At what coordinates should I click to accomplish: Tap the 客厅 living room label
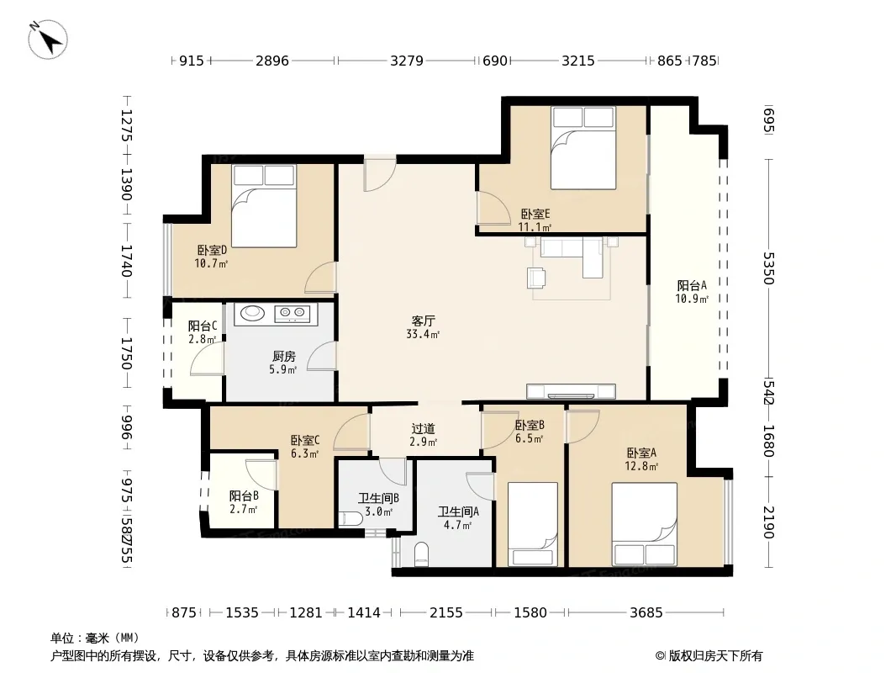coord(423,321)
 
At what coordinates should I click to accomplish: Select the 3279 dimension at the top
coord(406,61)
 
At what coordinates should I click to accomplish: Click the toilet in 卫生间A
coord(422,553)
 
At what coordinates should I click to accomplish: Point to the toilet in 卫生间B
coord(350,518)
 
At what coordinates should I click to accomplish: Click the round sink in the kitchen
coord(252,313)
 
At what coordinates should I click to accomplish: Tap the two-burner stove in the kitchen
coord(292,313)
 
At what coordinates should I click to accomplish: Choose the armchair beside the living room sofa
coord(536,277)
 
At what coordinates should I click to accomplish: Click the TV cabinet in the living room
coord(570,391)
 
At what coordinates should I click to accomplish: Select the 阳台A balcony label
coord(692,285)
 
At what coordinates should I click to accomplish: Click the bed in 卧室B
coord(533,524)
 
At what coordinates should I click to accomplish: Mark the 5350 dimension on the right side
coord(768,268)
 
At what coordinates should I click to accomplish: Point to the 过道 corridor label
coord(423,428)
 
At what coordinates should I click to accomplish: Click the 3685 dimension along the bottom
coord(646,613)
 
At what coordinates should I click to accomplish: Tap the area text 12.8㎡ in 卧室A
coord(641,466)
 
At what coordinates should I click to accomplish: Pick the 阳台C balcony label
coord(203,326)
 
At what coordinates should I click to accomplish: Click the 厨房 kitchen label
coord(284,357)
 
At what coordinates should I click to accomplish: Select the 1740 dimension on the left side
coord(127,261)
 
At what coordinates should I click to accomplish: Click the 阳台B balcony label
coord(244,495)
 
